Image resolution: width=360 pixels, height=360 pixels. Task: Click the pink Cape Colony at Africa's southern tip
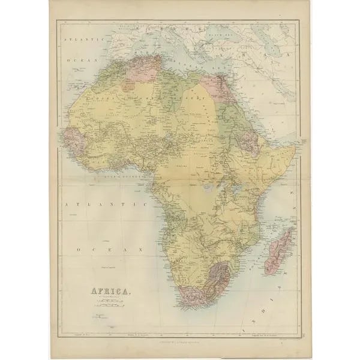[192, 294]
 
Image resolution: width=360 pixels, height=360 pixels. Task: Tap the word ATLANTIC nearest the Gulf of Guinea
[106, 205]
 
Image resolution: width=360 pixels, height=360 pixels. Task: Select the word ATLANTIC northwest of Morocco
[85, 39]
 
